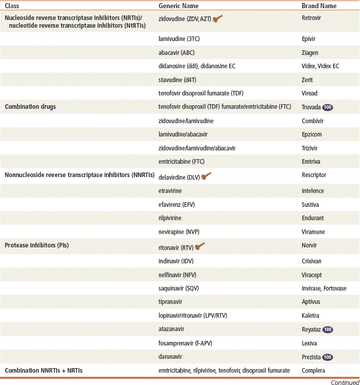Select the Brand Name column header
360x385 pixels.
[319, 6]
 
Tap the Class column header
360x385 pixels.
[12, 6]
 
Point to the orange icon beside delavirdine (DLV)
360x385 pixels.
[207, 176]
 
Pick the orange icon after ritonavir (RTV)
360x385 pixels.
[201, 246]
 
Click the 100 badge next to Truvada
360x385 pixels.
[328, 107]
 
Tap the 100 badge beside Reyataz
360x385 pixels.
[328, 330]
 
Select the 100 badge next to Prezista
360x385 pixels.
[328, 357]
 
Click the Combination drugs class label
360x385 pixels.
[30, 107]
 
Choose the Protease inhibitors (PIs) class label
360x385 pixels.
[36, 245]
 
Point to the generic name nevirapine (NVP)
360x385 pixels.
[179, 232]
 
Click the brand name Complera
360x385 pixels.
[314, 371]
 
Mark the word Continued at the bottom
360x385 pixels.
[345, 381]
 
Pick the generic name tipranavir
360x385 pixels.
[173, 302]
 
